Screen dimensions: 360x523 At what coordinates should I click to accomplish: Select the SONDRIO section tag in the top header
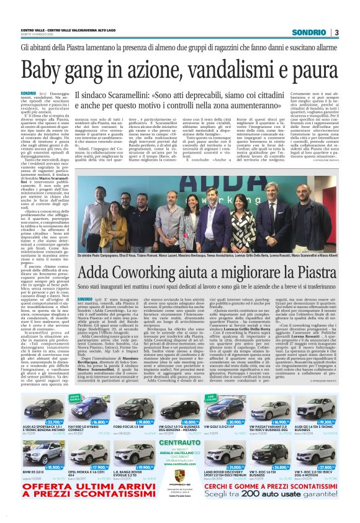(308, 32)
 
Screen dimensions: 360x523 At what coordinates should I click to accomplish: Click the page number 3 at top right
(336, 32)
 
